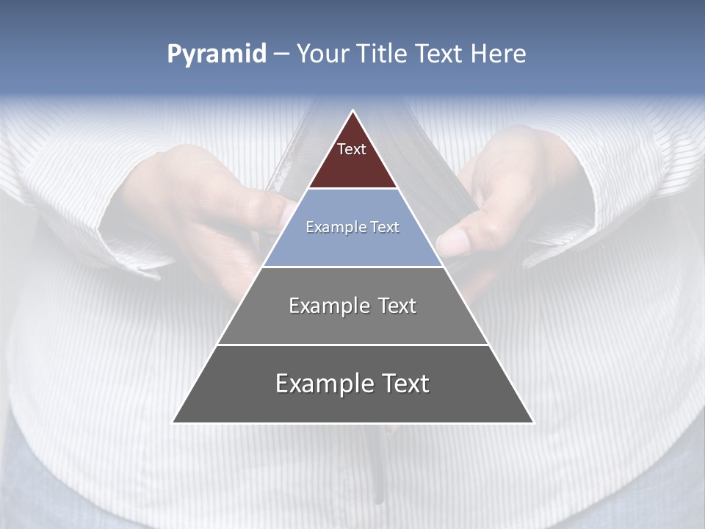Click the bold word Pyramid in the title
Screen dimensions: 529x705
tap(217, 54)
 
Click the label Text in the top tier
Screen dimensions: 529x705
tap(352, 149)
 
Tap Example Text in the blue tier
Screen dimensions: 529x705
tap(352, 227)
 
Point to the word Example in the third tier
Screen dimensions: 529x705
tap(322, 306)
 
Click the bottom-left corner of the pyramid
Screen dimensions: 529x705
tap(173, 422)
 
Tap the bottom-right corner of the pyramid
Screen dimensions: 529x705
tap(534, 422)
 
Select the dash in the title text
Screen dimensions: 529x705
tap(281, 54)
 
